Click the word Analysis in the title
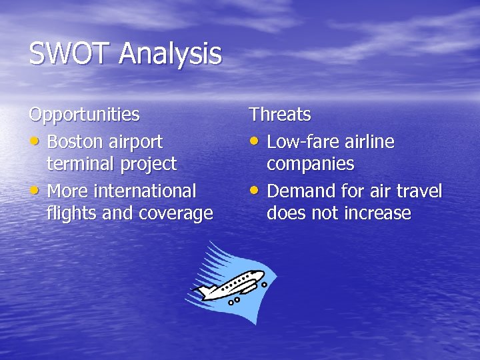pyautogui.click(x=171, y=54)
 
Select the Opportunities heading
pyautogui.click(x=84, y=115)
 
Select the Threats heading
pyautogui.click(x=280, y=115)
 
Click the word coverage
pyautogui.click(x=176, y=213)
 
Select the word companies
pyautogui.click(x=311, y=164)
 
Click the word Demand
pyautogui.click(x=301, y=191)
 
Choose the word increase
pyautogui.click(x=378, y=213)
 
